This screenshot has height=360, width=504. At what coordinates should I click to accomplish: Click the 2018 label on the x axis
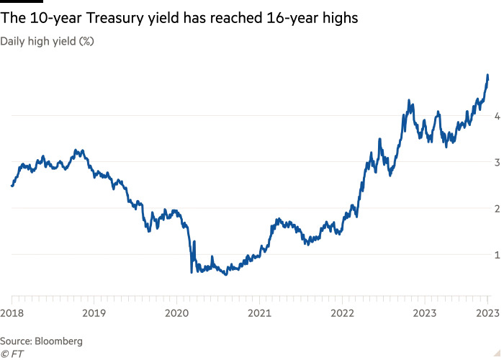pos(12,313)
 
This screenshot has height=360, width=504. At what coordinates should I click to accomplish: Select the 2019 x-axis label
pos(94,313)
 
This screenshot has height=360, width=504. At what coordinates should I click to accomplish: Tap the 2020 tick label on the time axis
pos(177,313)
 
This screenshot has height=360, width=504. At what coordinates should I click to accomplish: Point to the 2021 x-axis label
pos(259,313)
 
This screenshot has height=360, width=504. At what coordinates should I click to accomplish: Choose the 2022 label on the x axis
pos(342,313)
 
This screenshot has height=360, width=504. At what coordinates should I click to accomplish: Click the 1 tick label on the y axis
pos(496,254)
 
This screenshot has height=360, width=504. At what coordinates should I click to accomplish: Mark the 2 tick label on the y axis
pos(496,208)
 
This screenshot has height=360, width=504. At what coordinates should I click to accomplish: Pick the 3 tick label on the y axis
pos(496,162)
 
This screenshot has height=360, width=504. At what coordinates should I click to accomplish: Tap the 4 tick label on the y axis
pos(496,116)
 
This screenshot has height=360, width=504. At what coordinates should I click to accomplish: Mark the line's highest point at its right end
pos(487,75)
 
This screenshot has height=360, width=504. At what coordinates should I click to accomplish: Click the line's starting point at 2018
pos(12,186)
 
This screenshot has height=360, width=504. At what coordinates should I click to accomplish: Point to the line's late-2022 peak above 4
pos(410,101)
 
